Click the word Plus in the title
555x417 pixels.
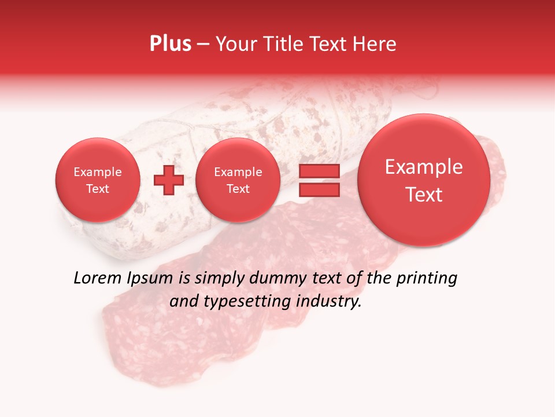coord(170,44)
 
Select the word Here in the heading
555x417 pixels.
coord(376,44)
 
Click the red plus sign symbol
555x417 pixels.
coord(169,180)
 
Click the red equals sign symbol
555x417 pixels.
coord(319,180)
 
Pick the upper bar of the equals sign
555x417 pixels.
coord(319,171)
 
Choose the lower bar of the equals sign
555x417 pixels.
coord(319,189)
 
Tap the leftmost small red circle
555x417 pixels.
coord(98,180)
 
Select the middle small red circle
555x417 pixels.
coord(238,180)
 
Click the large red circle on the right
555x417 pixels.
coord(424,180)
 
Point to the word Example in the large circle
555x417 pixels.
coord(424,167)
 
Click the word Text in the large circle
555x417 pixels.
coord(424,195)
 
